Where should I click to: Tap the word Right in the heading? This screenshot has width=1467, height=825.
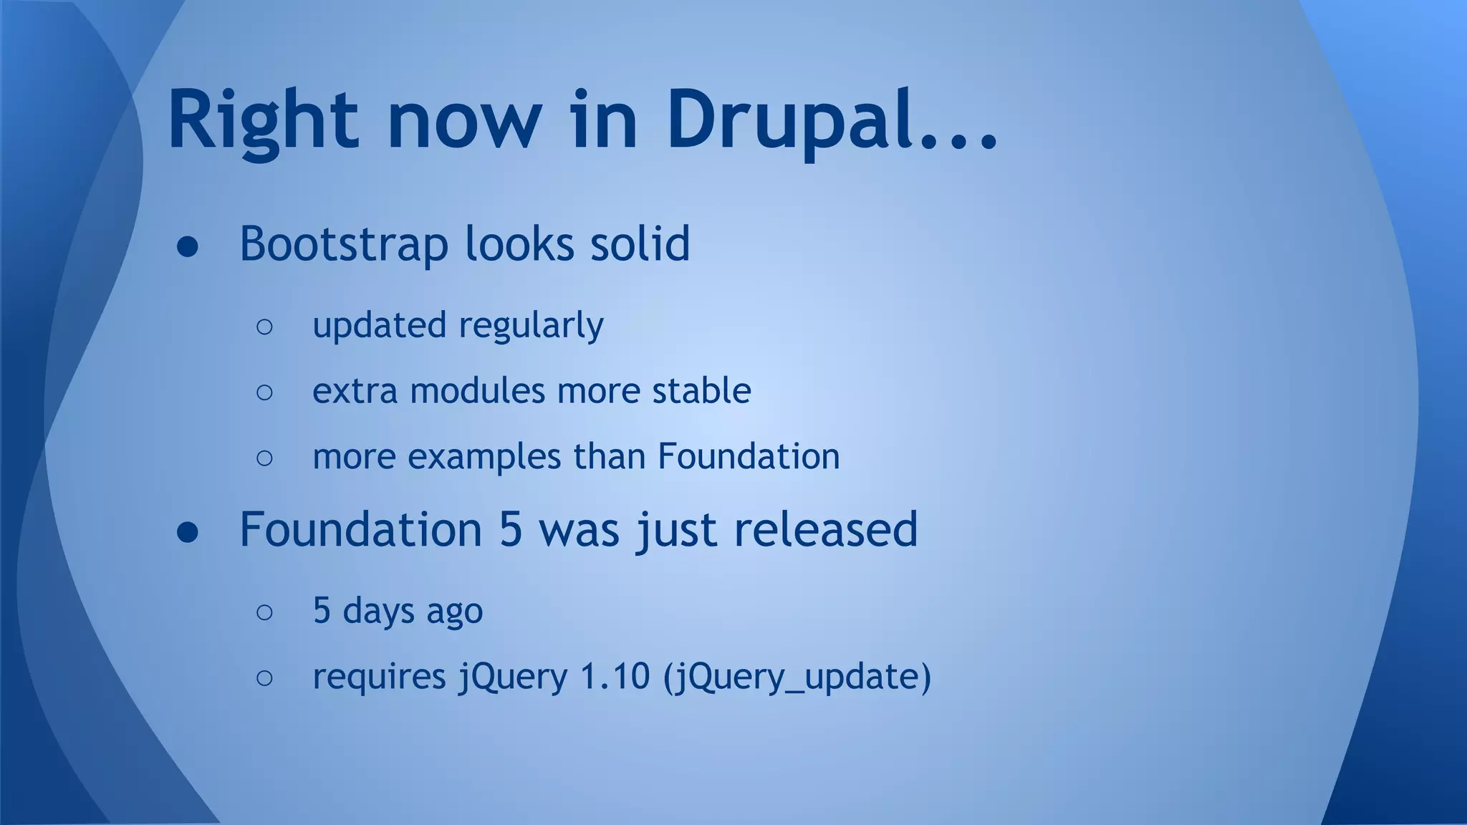click(262, 120)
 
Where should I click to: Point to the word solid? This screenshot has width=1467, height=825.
click(640, 244)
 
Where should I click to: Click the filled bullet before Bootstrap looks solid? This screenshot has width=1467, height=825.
click(187, 247)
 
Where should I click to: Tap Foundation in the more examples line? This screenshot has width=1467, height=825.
click(749, 456)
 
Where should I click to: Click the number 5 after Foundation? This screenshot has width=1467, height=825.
click(510, 530)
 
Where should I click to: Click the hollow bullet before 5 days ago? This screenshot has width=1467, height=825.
click(264, 612)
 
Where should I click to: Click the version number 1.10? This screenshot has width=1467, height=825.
click(615, 676)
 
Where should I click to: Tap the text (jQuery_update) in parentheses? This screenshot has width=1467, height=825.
click(797, 677)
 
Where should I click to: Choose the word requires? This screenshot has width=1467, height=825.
click(380, 677)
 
